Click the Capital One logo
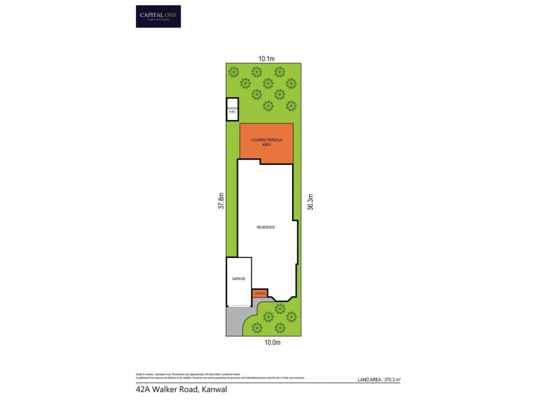click(x=158, y=16)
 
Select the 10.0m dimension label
click(x=272, y=342)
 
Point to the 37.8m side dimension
click(x=220, y=201)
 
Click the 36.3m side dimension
click(x=310, y=202)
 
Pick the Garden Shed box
click(x=232, y=109)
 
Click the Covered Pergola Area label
click(x=266, y=141)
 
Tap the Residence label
click(x=266, y=227)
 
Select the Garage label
click(x=239, y=278)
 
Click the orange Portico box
click(x=260, y=293)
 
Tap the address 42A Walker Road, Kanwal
click(x=176, y=389)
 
